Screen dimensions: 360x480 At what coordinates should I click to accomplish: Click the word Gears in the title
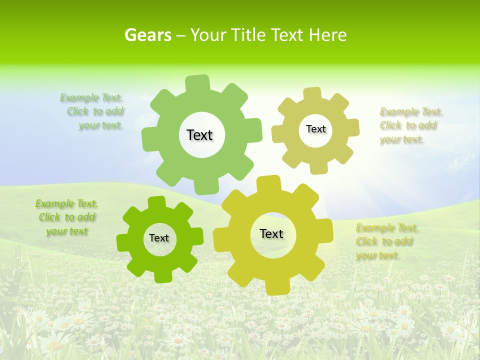(x=148, y=35)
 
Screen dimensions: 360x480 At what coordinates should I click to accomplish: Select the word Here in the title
(x=327, y=35)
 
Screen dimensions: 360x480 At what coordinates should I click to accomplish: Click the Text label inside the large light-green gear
(x=199, y=135)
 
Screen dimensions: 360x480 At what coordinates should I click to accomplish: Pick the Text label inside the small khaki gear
(x=315, y=129)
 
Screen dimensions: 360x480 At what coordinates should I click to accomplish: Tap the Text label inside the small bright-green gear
(x=159, y=238)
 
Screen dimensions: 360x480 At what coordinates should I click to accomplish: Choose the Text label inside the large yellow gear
(x=271, y=233)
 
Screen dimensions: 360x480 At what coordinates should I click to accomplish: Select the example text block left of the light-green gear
(x=93, y=111)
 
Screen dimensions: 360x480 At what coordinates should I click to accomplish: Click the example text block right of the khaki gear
(x=410, y=125)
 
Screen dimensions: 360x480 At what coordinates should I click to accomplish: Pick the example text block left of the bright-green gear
(x=66, y=217)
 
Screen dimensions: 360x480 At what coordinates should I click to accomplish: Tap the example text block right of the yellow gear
(x=386, y=241)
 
